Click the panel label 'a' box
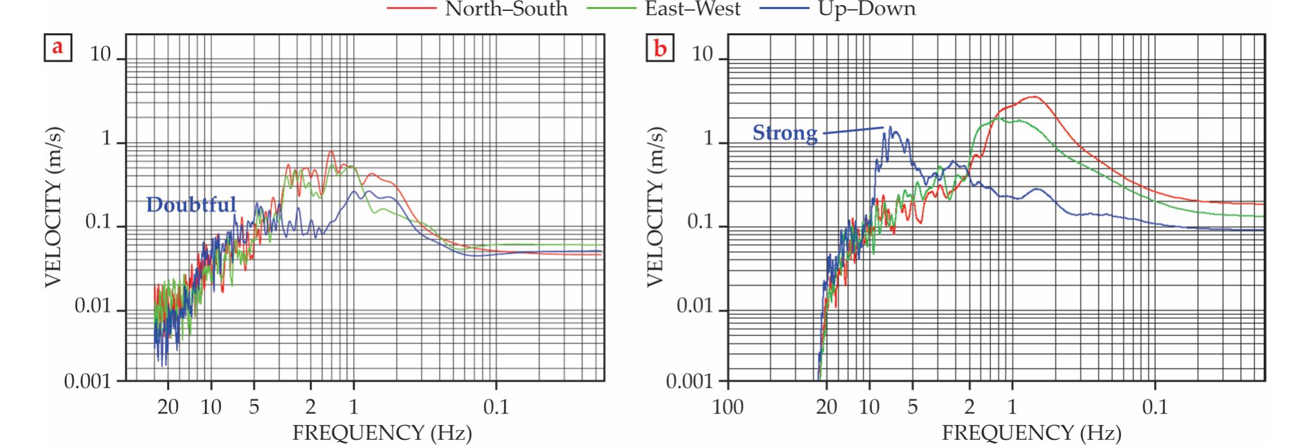58,47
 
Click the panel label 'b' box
660,47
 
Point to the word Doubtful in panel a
191,204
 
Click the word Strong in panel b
784,133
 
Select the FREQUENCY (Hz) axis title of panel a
382,433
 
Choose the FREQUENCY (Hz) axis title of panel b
1031,433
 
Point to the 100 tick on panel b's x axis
728,407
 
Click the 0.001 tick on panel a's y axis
87,382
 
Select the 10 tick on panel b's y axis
702,55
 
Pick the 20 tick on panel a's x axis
168,407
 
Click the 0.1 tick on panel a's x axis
495,407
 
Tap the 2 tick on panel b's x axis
969,407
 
